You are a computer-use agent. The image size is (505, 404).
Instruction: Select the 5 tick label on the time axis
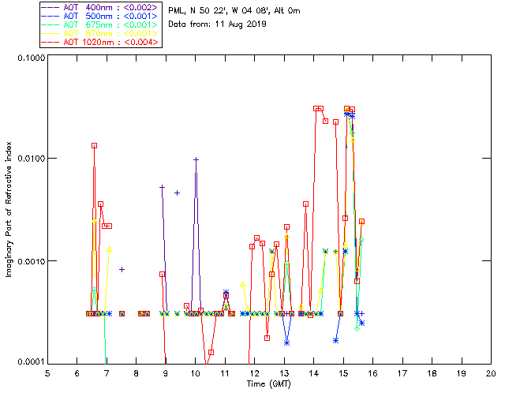click(x=47, y=372)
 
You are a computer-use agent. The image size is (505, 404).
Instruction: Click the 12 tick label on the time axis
click(x=254, y=372)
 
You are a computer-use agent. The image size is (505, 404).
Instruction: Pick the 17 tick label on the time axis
click(x=402, y=372)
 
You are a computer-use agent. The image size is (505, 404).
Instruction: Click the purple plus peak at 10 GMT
click(x=196, y=159)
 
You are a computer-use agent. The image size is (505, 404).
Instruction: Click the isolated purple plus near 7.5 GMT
click(x=122, y=270)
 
